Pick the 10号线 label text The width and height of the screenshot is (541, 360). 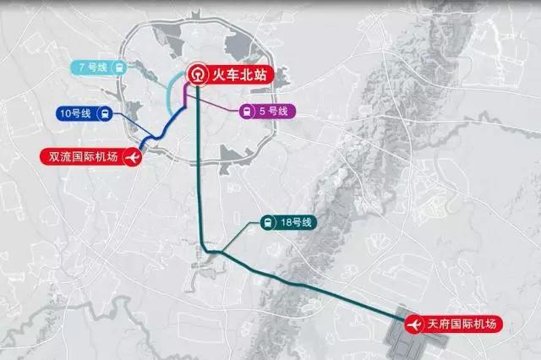(x=75, y=112)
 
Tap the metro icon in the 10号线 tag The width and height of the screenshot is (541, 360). (x=104, y=112)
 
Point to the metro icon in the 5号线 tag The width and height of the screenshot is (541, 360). (x=246, y=111)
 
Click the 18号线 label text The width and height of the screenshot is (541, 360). (x=298, y=223)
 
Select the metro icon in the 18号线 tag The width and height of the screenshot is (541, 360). (x=266, y=223)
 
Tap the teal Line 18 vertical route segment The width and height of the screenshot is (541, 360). (x=200, y=169)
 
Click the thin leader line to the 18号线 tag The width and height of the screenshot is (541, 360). (x=241, y=237)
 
